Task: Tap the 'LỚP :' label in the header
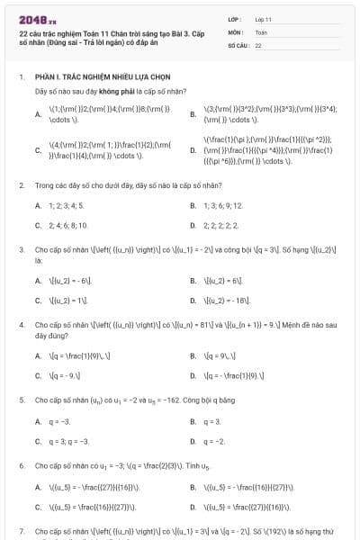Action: click(235, 18)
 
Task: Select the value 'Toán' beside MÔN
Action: click(261, 31)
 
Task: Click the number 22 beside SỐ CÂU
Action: click(258, 43)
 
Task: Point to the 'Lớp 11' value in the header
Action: click(263, 18)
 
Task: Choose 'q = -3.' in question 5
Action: click(59, 421)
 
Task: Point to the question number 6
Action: click(21, 466)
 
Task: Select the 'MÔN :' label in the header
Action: click(236, 31)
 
